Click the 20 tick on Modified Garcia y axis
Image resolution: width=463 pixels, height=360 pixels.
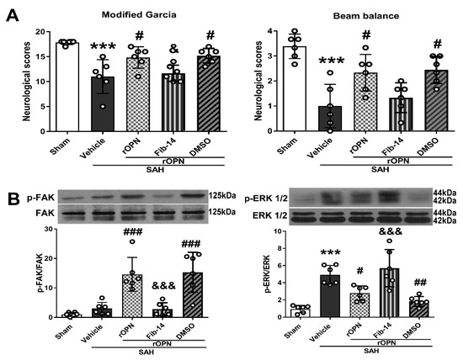click(39, 33)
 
